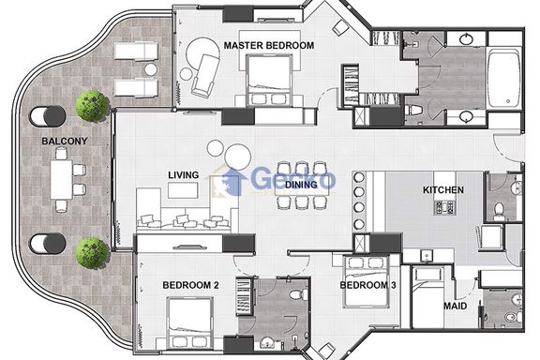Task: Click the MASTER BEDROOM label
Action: tap(269, 46)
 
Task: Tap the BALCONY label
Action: tap(65, 141)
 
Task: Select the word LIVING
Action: tap(184, 175)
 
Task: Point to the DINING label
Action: tap(301, 185)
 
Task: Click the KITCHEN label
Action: tap(443, 189)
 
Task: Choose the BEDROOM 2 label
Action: tap(190, 285)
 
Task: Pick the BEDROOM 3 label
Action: tap(367, 285)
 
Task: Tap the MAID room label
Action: tap(456, 306)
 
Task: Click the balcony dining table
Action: tap(62, 179)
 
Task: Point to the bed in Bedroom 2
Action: tap(189, 322)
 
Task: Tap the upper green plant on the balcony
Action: tap(92, 106)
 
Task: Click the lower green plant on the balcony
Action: tap(92, 252)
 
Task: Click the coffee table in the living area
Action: tap(183, 190)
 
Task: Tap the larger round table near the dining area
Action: tap(237, 157)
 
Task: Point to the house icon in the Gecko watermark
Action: tap(232, 182)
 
